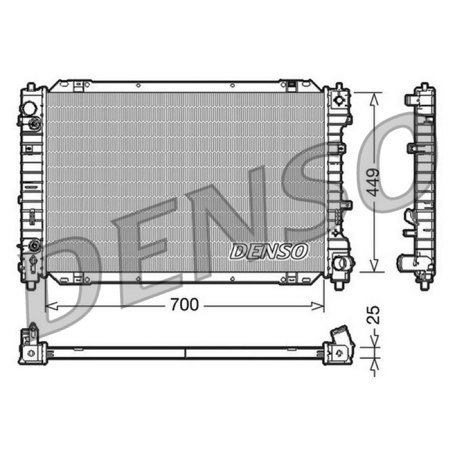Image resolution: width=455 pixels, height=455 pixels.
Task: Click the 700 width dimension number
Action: (x=184, y=305)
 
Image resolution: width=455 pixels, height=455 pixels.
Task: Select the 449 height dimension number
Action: (x=373, y=183)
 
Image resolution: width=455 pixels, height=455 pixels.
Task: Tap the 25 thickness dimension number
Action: (x=373, y=315)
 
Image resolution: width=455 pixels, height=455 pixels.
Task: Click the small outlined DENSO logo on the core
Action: (x=268, y=251)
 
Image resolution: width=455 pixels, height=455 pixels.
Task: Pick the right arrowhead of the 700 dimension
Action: (x=318, y=305)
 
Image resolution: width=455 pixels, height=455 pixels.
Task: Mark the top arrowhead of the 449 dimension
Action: (x=375, y=99)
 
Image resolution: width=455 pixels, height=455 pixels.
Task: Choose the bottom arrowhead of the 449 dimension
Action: (x=375, y=266)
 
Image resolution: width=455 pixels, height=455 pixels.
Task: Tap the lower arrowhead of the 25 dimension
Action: (x=375, y=364)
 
